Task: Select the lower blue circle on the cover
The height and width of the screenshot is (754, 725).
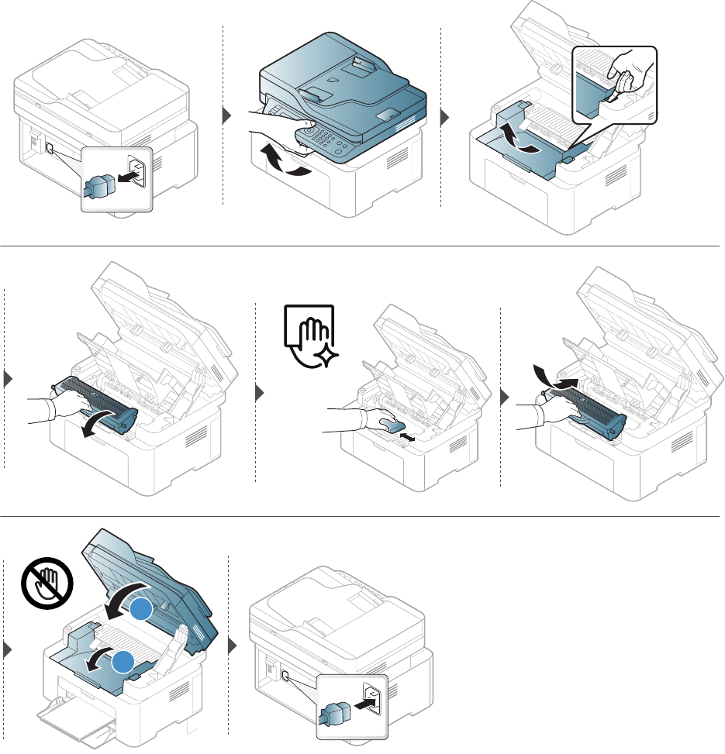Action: tap(123, 662)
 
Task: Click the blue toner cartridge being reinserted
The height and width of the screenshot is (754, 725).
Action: tap(589, 408)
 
